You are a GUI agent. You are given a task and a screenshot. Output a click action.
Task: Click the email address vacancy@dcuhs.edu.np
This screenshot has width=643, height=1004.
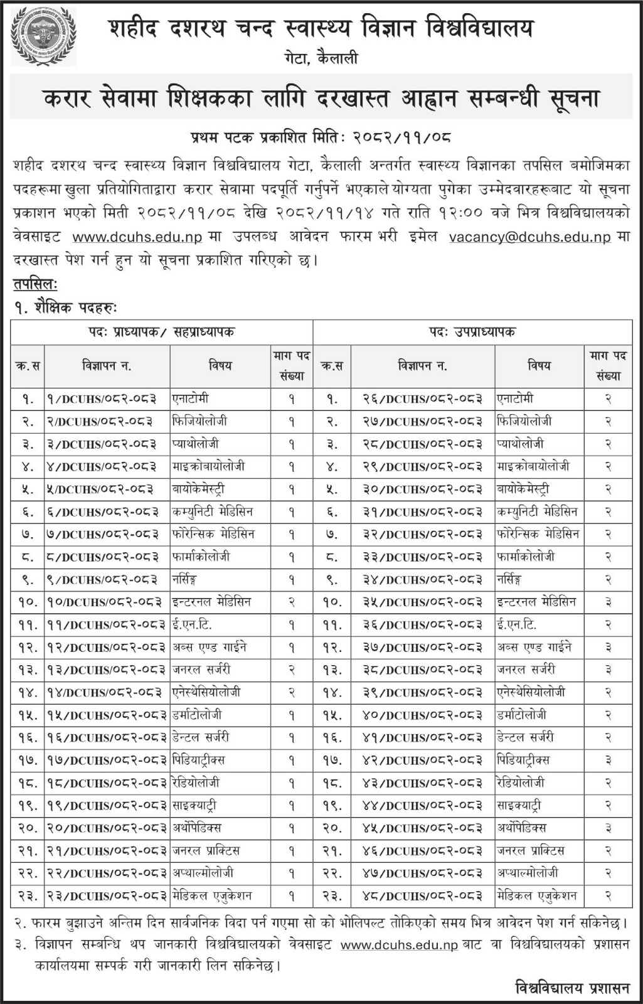pos(530,237)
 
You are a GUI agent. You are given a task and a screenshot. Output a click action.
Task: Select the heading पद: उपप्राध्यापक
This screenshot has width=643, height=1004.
pos(472,332)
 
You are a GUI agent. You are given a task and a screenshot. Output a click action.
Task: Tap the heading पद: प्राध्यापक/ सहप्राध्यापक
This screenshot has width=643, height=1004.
pos(161,332)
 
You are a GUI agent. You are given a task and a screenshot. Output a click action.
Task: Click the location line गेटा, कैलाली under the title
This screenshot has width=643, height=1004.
pos(320,59)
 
